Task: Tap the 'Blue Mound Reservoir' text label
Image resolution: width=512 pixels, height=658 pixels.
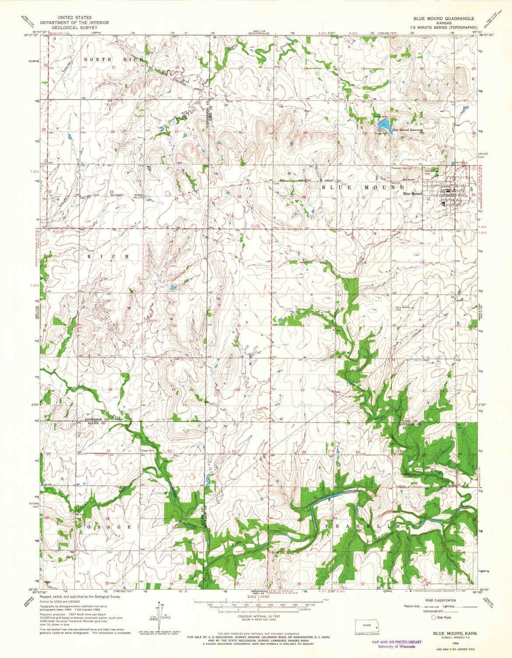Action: click(406, 130)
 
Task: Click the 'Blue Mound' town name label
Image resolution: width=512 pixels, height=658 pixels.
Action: click(412, 193)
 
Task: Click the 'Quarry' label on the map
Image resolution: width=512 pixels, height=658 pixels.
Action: click(402, 451)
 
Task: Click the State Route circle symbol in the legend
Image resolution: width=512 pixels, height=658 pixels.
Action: click(434, 617)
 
